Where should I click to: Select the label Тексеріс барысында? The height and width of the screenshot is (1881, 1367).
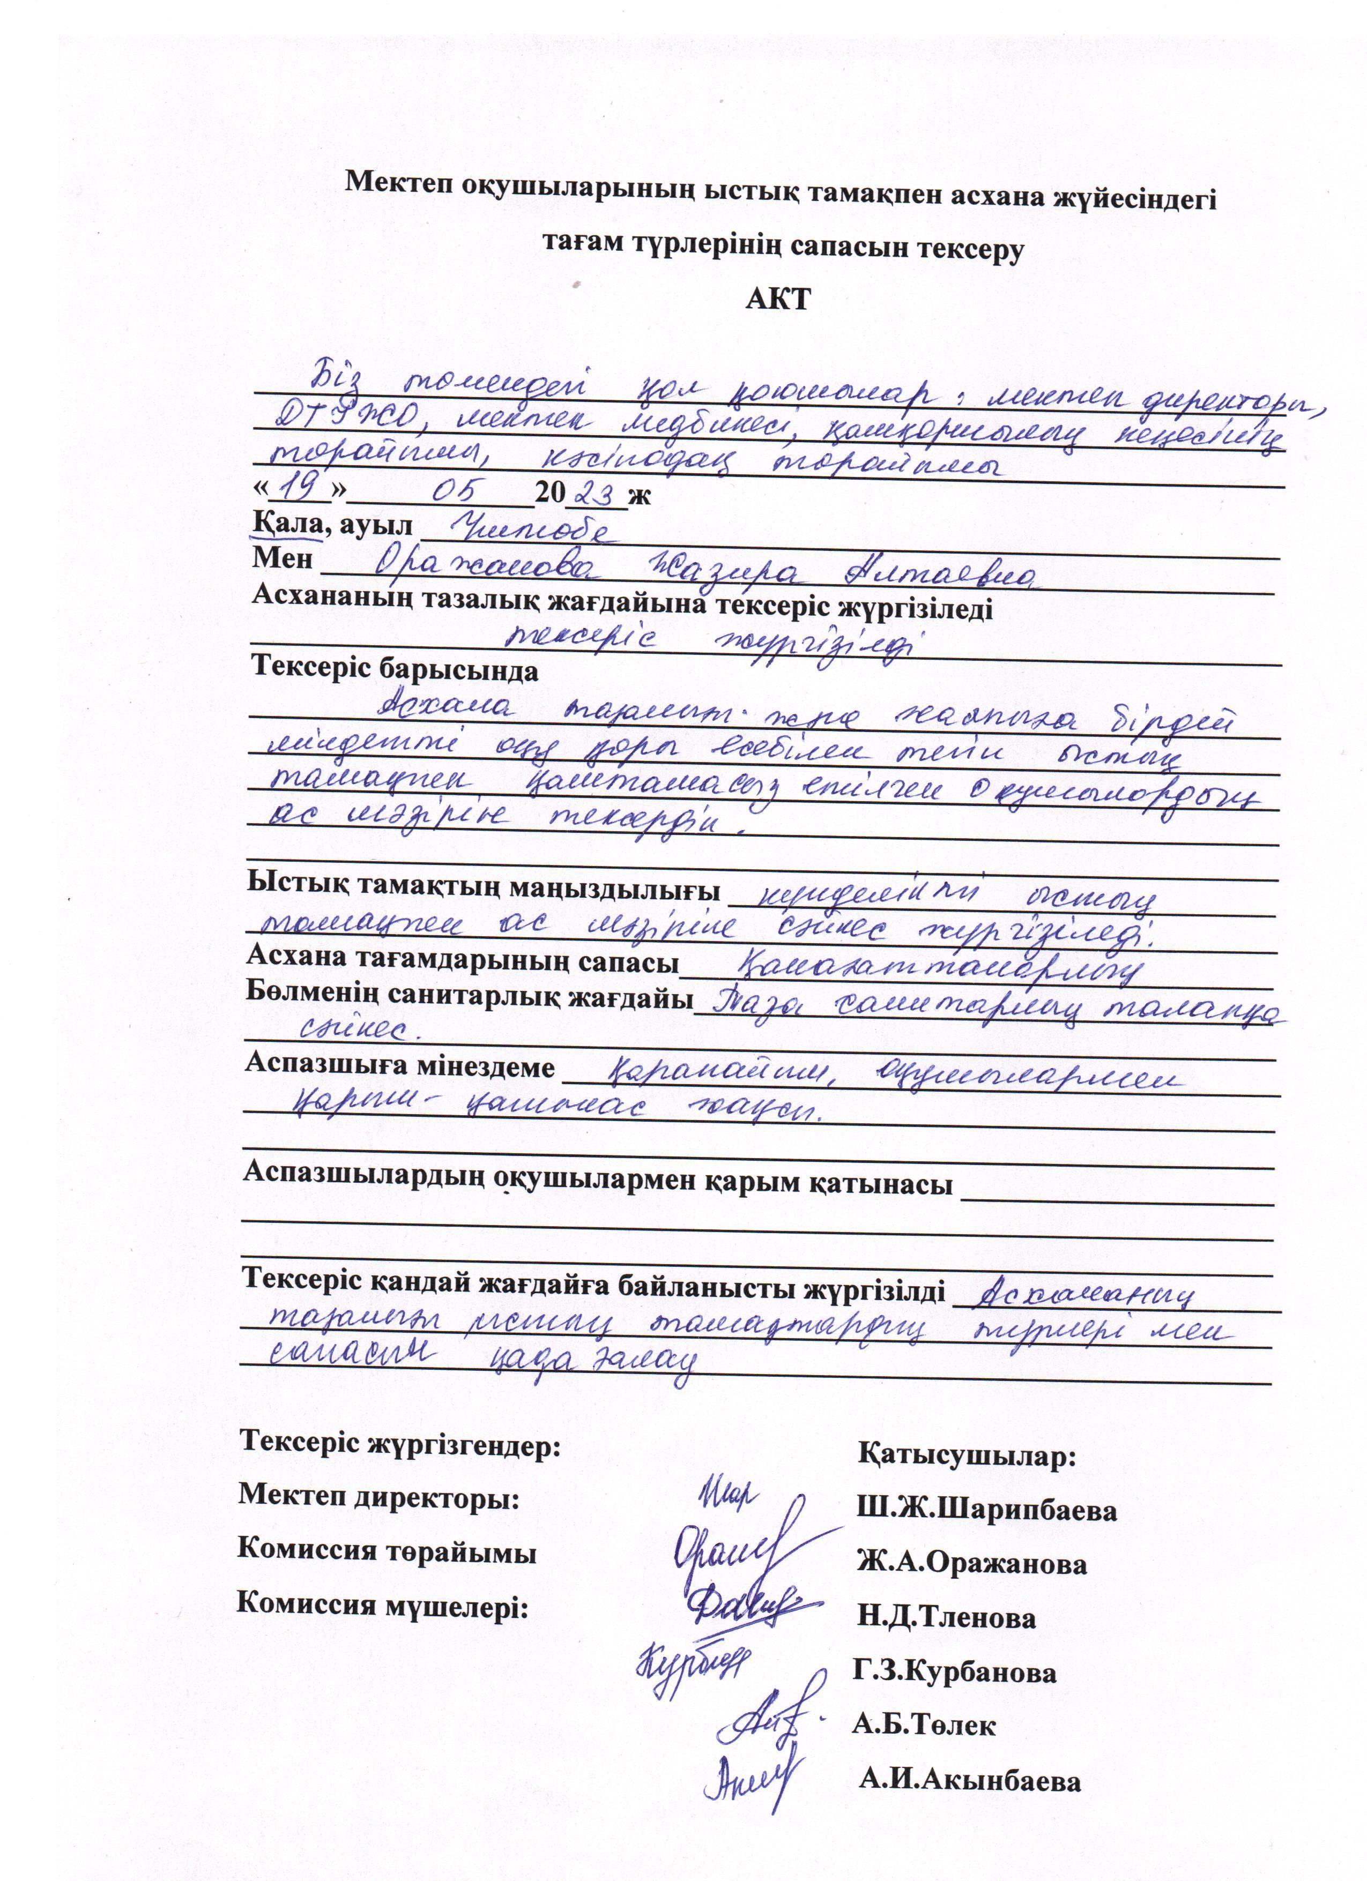pyautogui.click(x=395, y=669)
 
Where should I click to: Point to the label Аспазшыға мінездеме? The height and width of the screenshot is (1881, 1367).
pyautogui.click(x=399, y=1066)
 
